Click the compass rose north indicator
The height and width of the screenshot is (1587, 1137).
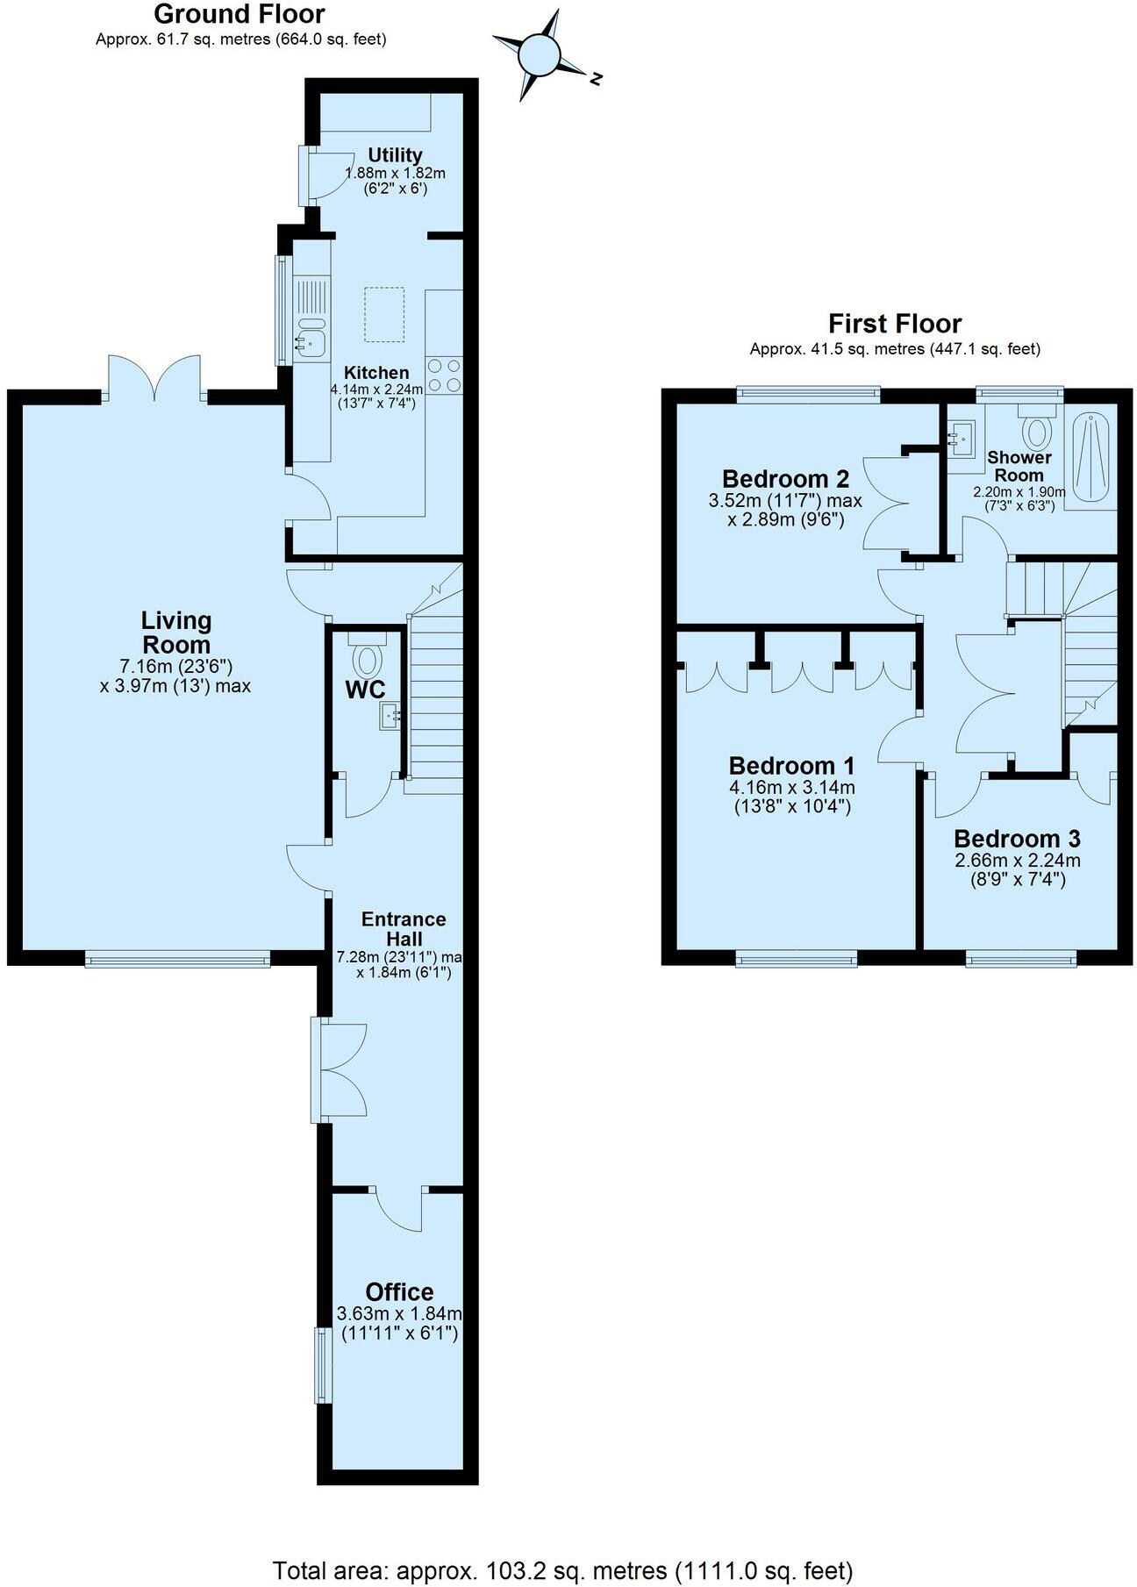click(x=595, y=79)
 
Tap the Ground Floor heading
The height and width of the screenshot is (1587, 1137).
click(x=240, y=15)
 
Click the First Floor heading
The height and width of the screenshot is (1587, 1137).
click(x=894, y=324)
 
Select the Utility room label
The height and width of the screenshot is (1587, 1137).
click(x=395, y=155)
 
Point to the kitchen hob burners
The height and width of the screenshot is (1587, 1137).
click(x=444, y=376)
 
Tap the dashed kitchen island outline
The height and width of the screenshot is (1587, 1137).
click(x=385, y=314)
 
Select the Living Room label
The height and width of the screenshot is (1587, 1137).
click(x=176, y=633)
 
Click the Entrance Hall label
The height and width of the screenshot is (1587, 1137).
click(x=404, y=928)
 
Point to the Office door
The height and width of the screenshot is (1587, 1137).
click(x=399, y=1208)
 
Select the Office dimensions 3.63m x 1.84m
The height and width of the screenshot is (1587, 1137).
click(x=399, y=1313)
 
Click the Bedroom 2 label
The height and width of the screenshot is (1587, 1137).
click(x=785, y=479)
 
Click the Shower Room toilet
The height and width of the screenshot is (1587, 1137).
click(x=1038, y=430)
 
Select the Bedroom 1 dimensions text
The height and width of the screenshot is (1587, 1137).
click(x=791, y=797)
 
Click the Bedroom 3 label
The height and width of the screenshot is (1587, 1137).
click(x=1017, y=839)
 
